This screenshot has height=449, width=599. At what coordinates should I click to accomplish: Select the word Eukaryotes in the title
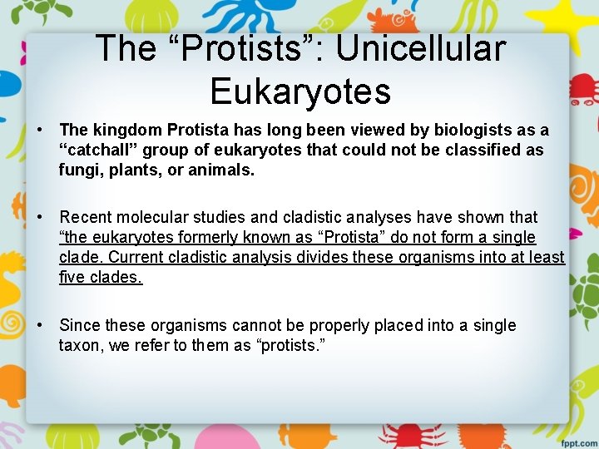(300, 91)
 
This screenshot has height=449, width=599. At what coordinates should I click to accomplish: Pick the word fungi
(78, 170)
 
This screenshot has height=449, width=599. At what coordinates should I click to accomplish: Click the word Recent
(86, 218)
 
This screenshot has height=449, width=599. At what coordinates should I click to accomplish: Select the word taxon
(81, 345)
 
